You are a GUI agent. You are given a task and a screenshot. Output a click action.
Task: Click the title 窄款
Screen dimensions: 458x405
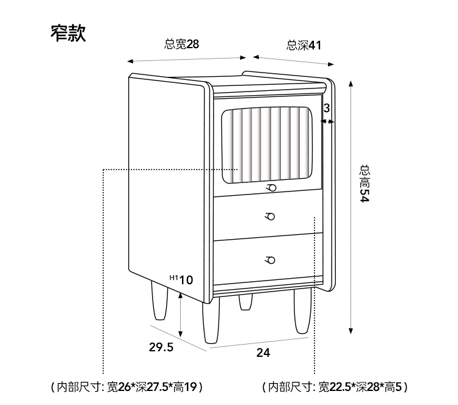pyautogui.click(x=68, y=33)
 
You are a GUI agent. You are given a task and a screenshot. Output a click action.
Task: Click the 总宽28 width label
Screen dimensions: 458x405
pyautogui.click(x=181, y=44)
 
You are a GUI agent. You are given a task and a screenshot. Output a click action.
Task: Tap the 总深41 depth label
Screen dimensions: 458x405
pyautogui.click(x=304, y=45)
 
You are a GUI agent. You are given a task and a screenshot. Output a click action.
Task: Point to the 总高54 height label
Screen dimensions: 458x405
pyautogui.click(x=365, y=183)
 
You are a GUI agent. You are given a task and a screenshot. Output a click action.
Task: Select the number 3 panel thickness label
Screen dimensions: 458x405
pyautogui.click(x=327, y=108)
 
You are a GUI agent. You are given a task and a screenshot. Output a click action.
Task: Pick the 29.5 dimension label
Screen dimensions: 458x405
pyautogui.click(x=162, y=348)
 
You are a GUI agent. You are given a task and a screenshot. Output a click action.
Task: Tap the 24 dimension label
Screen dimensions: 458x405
pyautogui.click(x=263, y=353)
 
